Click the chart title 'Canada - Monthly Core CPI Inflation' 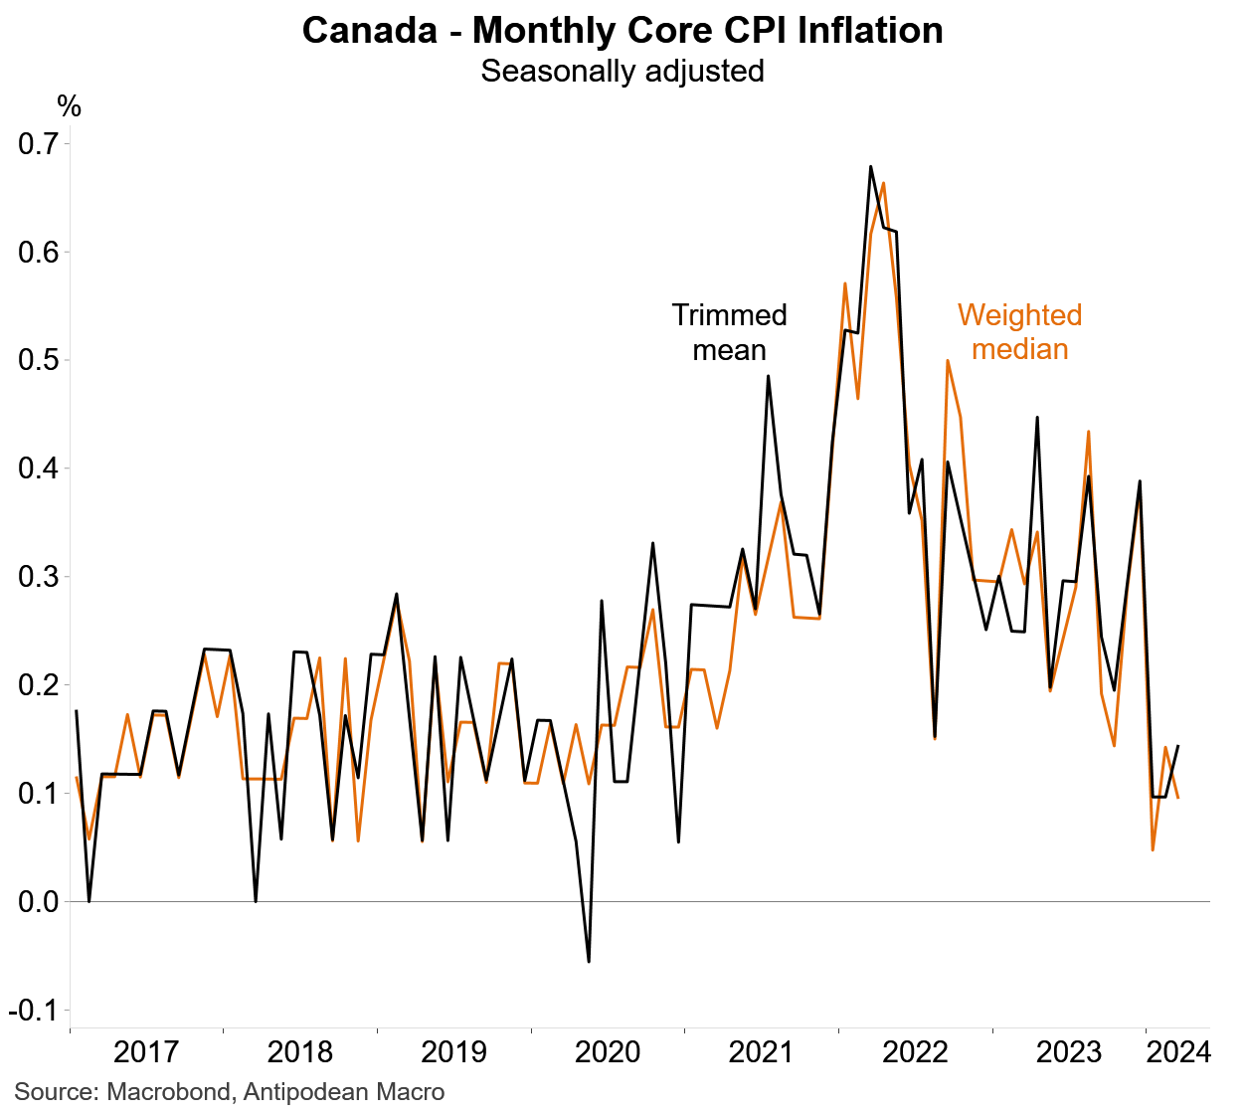point(623,31)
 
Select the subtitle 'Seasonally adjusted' point(623,72)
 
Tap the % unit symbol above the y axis point(69,105)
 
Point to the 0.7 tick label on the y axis point(39,144)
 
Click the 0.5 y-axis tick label point(39,360)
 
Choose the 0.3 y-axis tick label point(39,577)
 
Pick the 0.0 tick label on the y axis point(39,902)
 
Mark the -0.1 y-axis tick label point(35,1011)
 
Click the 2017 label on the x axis point(146,1052)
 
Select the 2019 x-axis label point(453,1052)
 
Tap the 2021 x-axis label point(761,1052)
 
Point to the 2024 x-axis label point(1178,1052)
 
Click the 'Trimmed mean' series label point(729,332)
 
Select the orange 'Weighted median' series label point(1019,332)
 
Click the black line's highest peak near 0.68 point(870,167)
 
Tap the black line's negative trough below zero point(589,961)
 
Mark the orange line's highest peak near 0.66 point(883,183)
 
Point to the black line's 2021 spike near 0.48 point(768,376)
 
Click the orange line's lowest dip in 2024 point(1153,849)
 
